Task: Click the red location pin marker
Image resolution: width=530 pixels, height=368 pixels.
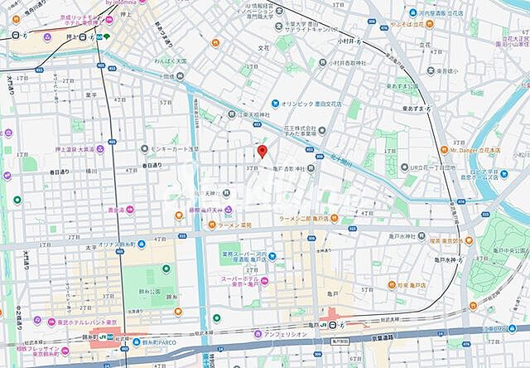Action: pos(262,151)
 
